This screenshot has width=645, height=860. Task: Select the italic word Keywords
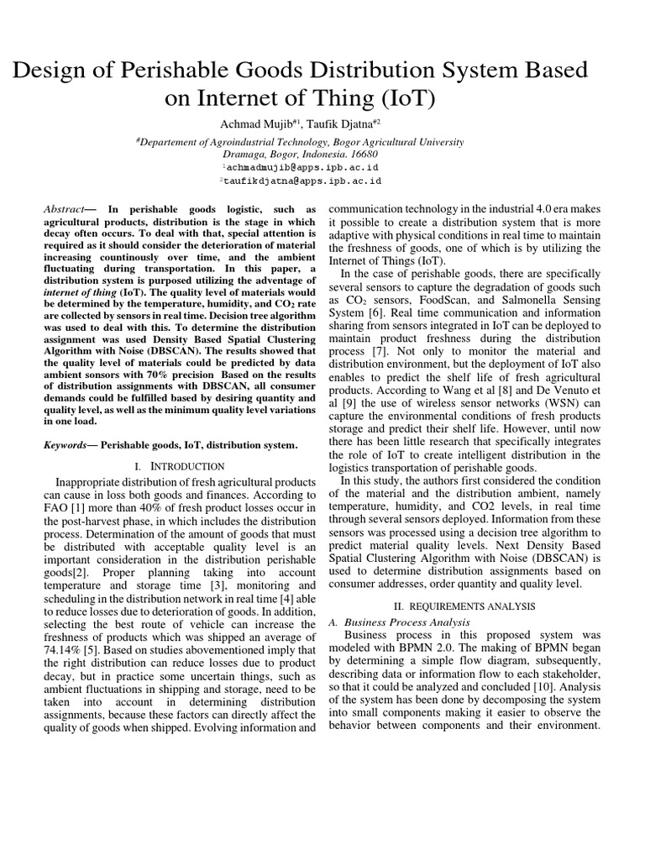[66, 444]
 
